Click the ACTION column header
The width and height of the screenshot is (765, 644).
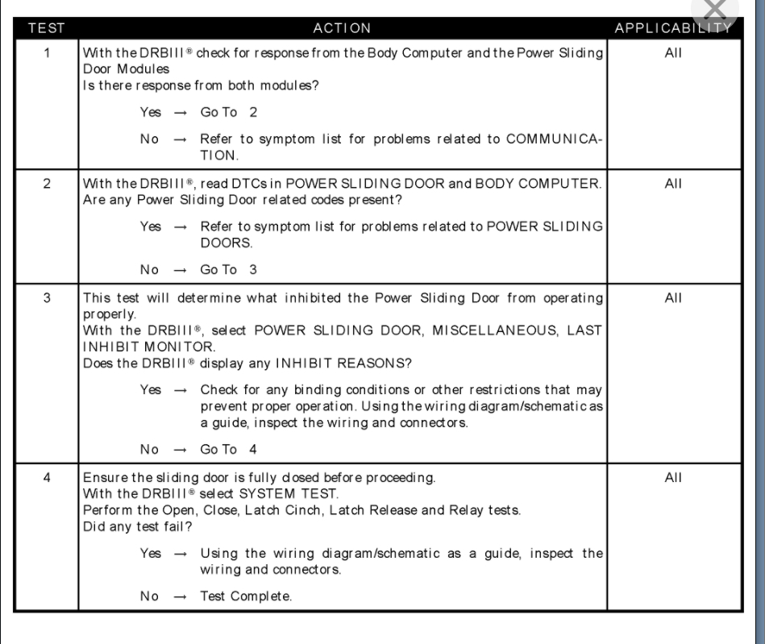(x=343, y=28)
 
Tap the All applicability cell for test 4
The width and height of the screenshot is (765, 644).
(x=674, y=476)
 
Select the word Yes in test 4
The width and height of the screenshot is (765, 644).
(x=150, y=553)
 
